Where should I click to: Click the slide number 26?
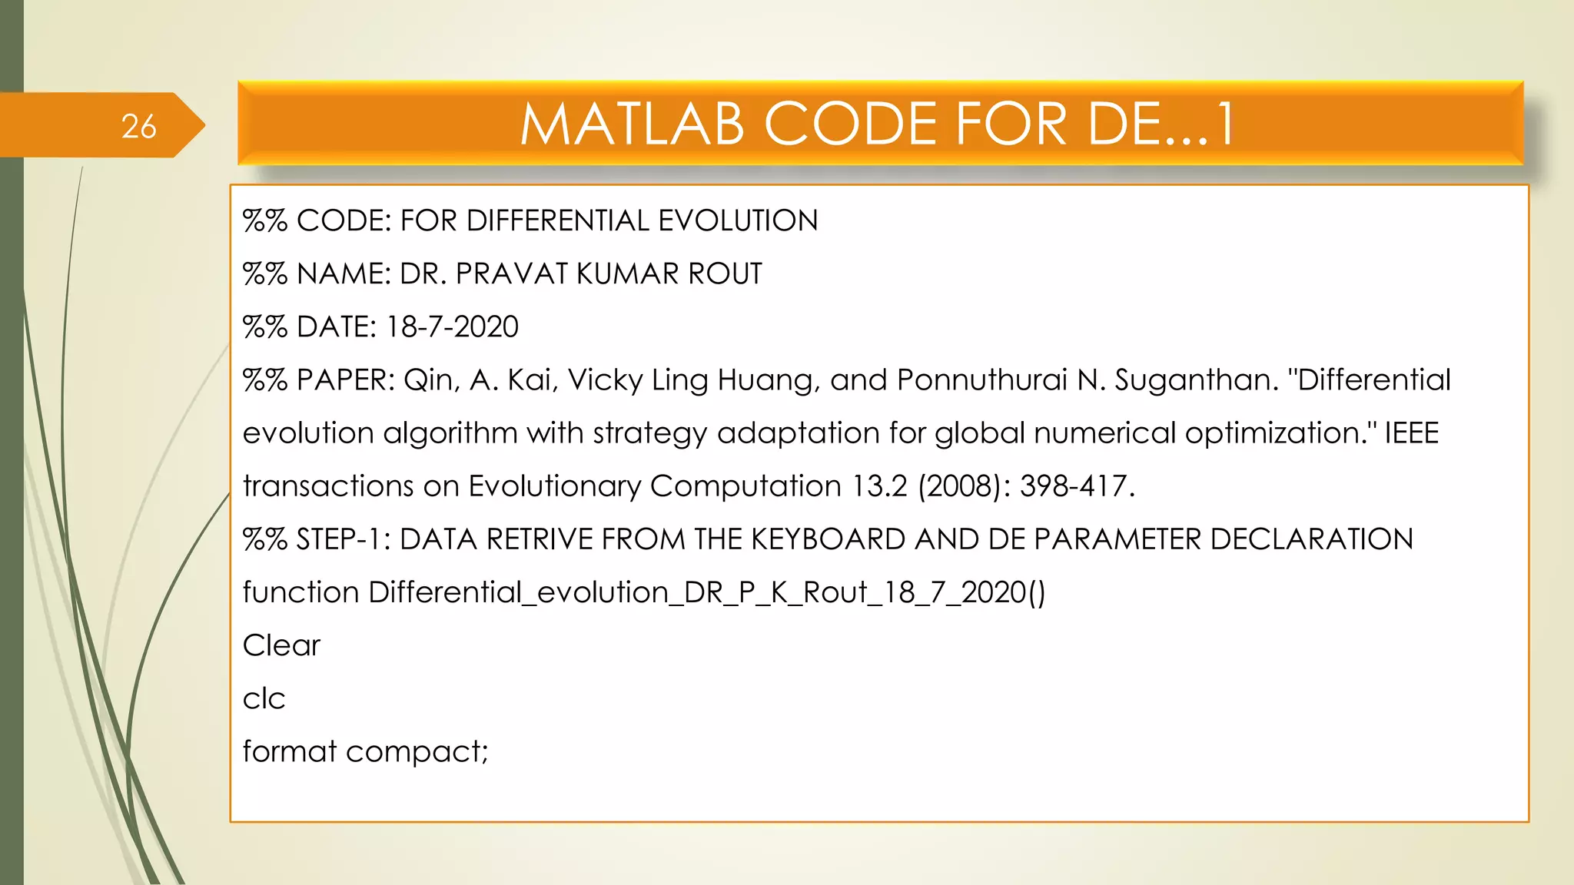tap(138, 126)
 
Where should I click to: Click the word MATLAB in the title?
tap(632, 124)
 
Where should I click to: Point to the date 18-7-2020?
tap(452, 326)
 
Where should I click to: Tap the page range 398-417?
tap(1077, 486)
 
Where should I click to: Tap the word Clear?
tap(281, 645)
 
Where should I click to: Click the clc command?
tap(264, 698)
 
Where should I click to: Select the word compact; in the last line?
tap(417, 751)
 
